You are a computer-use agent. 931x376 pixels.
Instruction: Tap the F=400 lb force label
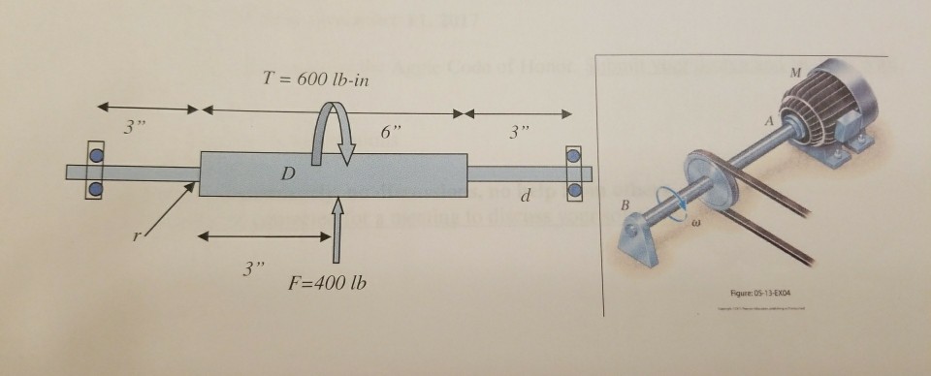tap(327, 286)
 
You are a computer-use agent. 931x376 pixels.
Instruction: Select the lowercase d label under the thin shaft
tap(525, 197)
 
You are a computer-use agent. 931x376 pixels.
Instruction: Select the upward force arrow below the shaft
tap(336, 229)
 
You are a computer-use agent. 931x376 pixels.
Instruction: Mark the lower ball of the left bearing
tap(95, 188)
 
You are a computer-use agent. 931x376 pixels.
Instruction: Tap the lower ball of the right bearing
tap(575, 188)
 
